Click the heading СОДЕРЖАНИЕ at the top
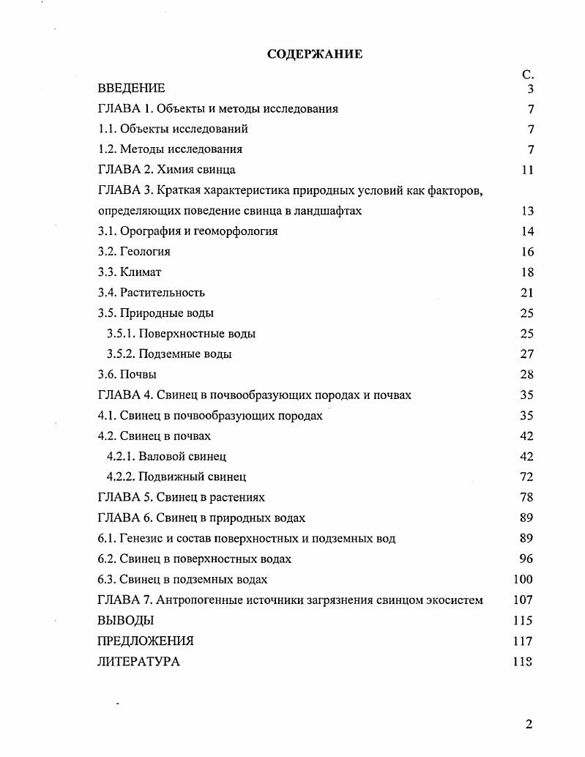315,54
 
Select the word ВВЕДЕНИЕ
131,89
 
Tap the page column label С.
528,75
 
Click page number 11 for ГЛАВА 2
527,170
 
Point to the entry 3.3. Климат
130,272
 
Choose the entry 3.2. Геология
134,252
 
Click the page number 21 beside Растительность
527,293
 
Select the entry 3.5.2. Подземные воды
169,354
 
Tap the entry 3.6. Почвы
127,375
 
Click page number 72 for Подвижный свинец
527,477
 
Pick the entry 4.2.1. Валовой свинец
166,457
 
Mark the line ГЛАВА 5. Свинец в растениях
181,498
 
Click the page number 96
527,559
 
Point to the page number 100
524,580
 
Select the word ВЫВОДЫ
125,621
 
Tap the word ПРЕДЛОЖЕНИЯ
146,641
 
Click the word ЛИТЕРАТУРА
138,662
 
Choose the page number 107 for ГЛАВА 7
524,600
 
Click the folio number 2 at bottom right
529,725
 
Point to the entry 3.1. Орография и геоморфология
188,231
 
